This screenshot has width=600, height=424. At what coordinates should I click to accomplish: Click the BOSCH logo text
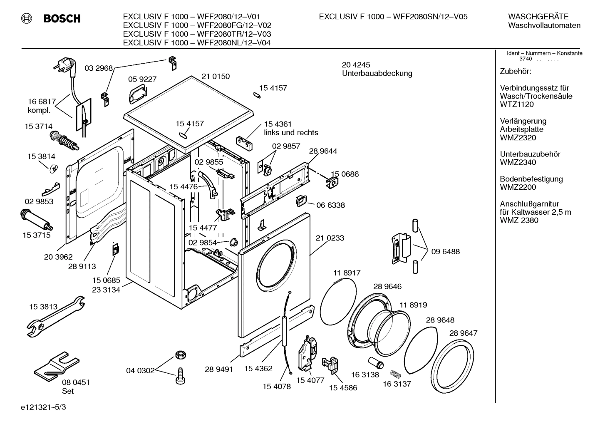[62, 19]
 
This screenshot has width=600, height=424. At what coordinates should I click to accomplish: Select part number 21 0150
[216, 77]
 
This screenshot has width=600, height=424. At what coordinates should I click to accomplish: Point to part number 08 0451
[76, 382]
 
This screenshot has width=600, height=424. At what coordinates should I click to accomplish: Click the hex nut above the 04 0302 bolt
[180, 355]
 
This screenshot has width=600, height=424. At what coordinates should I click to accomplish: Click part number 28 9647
[463, 333]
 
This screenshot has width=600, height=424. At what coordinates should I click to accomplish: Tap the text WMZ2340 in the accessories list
[518, 162]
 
